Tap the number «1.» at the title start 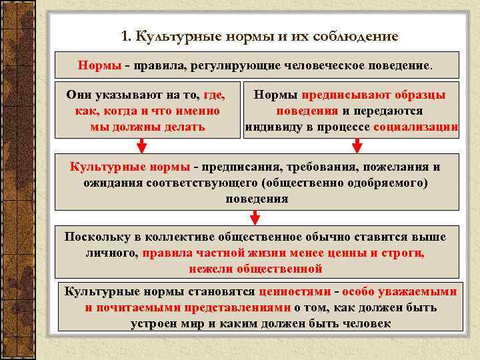(x=128, y=36)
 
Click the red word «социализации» (x=416, y=127)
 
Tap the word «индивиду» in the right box (x=273, y=127)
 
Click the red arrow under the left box (x=142, y=146)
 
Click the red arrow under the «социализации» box (x=357, y=146)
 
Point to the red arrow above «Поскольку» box (x=254, y=217)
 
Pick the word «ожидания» (x=111, y=182)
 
